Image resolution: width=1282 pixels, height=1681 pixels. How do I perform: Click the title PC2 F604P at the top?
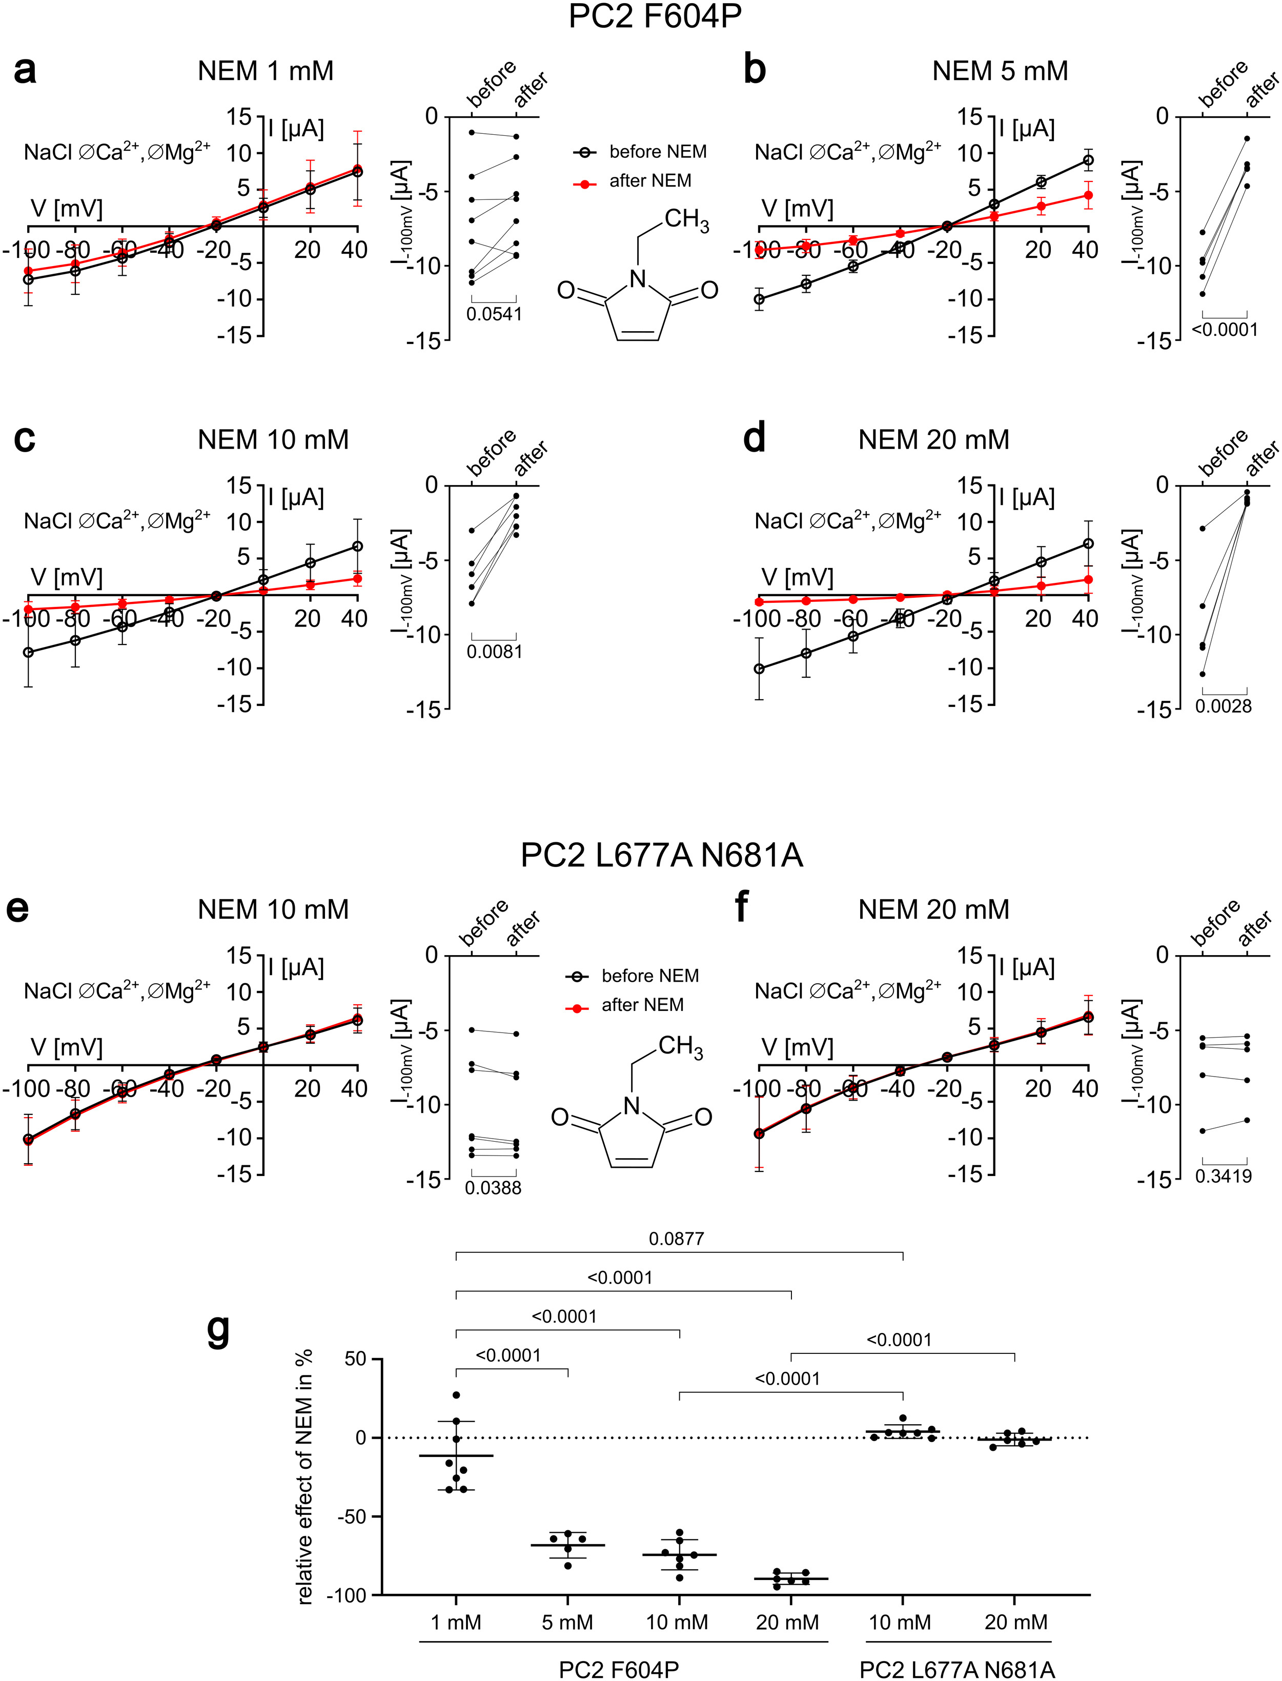point(655,17)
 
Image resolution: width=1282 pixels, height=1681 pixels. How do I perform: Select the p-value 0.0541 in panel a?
point(494,314)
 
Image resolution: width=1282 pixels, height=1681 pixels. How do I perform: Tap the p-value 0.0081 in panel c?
point(494,652)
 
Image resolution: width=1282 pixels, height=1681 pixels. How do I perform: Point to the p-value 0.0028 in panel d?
point(1223,706)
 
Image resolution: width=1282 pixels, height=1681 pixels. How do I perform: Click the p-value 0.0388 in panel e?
point(493,1187)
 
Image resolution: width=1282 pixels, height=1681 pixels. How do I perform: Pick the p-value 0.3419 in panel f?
point(1223,1176)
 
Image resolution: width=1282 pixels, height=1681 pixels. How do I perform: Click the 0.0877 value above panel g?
point(676,1239)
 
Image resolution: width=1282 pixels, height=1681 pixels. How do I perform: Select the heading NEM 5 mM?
point(1000,71)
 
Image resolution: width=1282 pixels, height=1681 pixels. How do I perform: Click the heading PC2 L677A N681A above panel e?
point(662,856)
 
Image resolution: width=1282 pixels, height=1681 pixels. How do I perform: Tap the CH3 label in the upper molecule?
point(686,220)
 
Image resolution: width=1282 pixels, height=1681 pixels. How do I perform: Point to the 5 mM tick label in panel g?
point(567,1622)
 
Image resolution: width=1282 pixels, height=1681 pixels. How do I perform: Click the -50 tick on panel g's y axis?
point(351,1516)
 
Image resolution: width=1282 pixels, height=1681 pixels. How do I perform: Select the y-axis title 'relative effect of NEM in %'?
point(304,1476)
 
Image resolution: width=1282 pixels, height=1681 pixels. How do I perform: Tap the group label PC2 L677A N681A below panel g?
point(957,1670)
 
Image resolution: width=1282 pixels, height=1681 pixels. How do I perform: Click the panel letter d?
point(754,439)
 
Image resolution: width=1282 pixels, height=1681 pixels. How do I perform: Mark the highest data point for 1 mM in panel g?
point(456,1395)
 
